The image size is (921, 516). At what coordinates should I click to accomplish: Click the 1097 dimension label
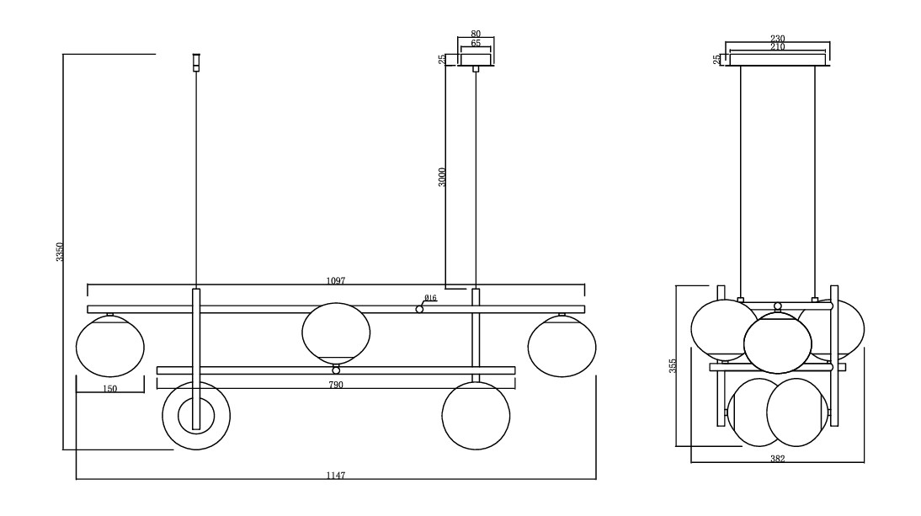pos(337,279)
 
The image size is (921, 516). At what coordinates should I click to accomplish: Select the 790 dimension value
pos(337,385)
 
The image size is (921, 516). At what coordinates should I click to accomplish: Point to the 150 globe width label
pos(109,389)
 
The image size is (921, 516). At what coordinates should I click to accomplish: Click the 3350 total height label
pos(60,252)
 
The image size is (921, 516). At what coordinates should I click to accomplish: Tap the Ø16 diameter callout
pos(430,298)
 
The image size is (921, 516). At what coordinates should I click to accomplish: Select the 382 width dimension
pos(777,459)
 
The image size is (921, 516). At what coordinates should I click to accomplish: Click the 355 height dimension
pos(673,366)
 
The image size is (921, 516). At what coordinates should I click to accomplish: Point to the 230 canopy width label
pos(777,39)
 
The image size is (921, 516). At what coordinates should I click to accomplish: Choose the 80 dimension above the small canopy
pos(476,35)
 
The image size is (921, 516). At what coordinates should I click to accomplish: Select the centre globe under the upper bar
pos(335,332)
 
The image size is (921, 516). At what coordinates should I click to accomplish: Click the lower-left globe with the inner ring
pos(195,415)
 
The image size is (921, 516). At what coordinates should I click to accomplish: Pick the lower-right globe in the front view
pos(476,416)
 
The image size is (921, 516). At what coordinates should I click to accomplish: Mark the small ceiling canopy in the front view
pos(476,60)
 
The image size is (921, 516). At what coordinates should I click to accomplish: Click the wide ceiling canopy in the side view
pos(777,60)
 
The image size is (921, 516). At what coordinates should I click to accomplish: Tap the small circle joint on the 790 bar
pos(336,370)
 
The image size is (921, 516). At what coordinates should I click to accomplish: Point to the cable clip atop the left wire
pos(196,62)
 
